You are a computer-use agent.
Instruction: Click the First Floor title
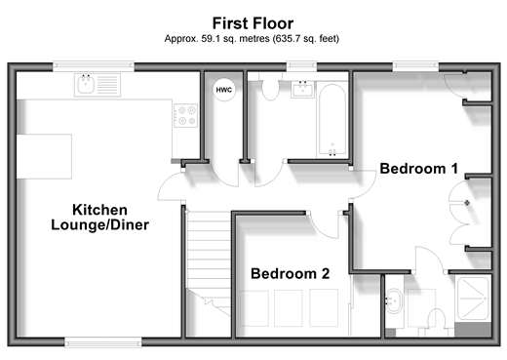[253, 23]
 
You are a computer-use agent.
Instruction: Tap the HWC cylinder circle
[224, 90]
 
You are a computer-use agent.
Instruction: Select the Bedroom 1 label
[419, 169]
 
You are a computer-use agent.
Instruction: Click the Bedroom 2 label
[291, 273]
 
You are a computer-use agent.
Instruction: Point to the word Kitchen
[99, 210]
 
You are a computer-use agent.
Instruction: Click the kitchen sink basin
[86, 85]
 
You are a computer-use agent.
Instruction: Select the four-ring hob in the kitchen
[185, 115]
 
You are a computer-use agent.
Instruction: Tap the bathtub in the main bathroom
[332, 120]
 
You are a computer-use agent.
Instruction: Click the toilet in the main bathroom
[270, 89]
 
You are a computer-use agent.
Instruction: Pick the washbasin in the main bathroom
[303, 89]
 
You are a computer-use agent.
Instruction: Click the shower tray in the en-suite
[473, 299]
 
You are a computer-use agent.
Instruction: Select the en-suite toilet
[436, 320]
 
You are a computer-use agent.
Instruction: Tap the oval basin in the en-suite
[393, 300]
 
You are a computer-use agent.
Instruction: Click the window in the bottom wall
[103, 342]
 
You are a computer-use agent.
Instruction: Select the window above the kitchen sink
[94, 66]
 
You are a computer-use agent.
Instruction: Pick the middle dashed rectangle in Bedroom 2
[288, 307]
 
